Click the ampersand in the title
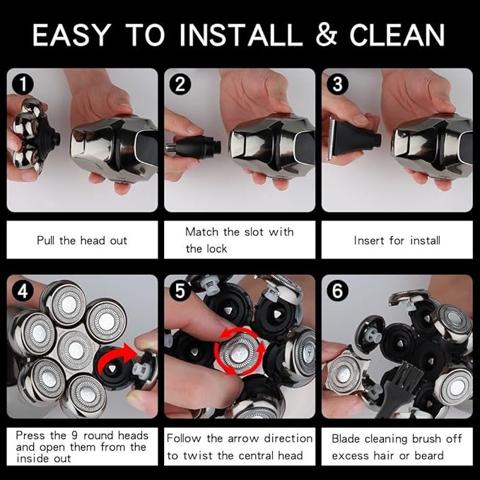click(x=327, y=35)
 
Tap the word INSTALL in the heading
click(x=241, y=35)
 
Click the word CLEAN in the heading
click(x=397, y=35)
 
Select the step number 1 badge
click(x=23, y=84)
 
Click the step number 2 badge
click(x=180, y=84)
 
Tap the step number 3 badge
click(x=337, y=84)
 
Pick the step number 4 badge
click(x=23, y=291)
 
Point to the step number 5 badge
click(x=180, y=291)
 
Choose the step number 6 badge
click(x=337, y=291)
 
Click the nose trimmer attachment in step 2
click(x=194, y=148)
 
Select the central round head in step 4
click(x=76, y=350)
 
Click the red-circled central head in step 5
click(x=240, y=352)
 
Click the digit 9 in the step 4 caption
click(x=74, y=435)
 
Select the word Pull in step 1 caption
click(x=46, y=240)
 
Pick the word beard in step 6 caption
click(x=429, y=455)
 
